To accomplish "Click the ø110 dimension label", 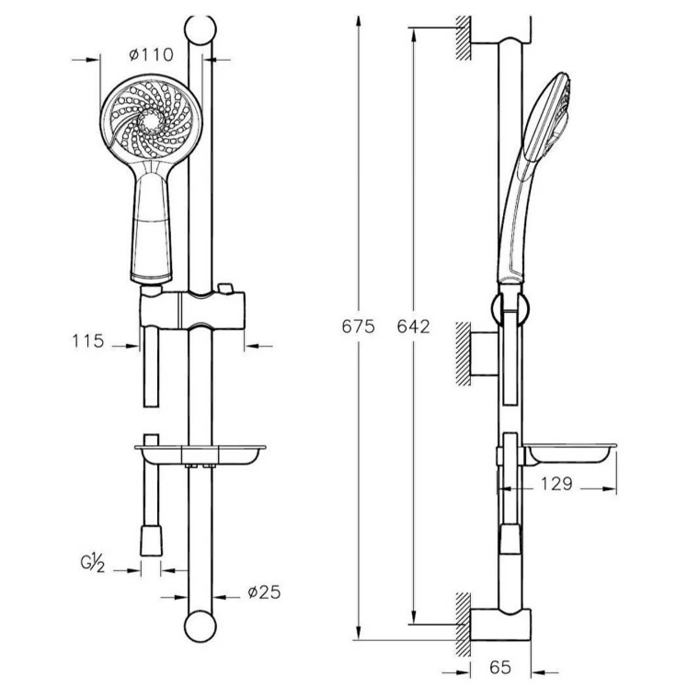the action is tap(151, 55).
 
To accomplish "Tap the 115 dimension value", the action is tap(88, 341).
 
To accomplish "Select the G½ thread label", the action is tap(93, 563).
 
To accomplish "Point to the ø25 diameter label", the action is tap(264, 592).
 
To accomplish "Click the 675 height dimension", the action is tap(358, 327).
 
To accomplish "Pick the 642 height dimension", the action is tap(414, 327).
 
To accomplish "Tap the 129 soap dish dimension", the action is tap(556, 484).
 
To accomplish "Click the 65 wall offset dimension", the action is tap(500, 668).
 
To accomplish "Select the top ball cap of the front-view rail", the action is tap(201, 30).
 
